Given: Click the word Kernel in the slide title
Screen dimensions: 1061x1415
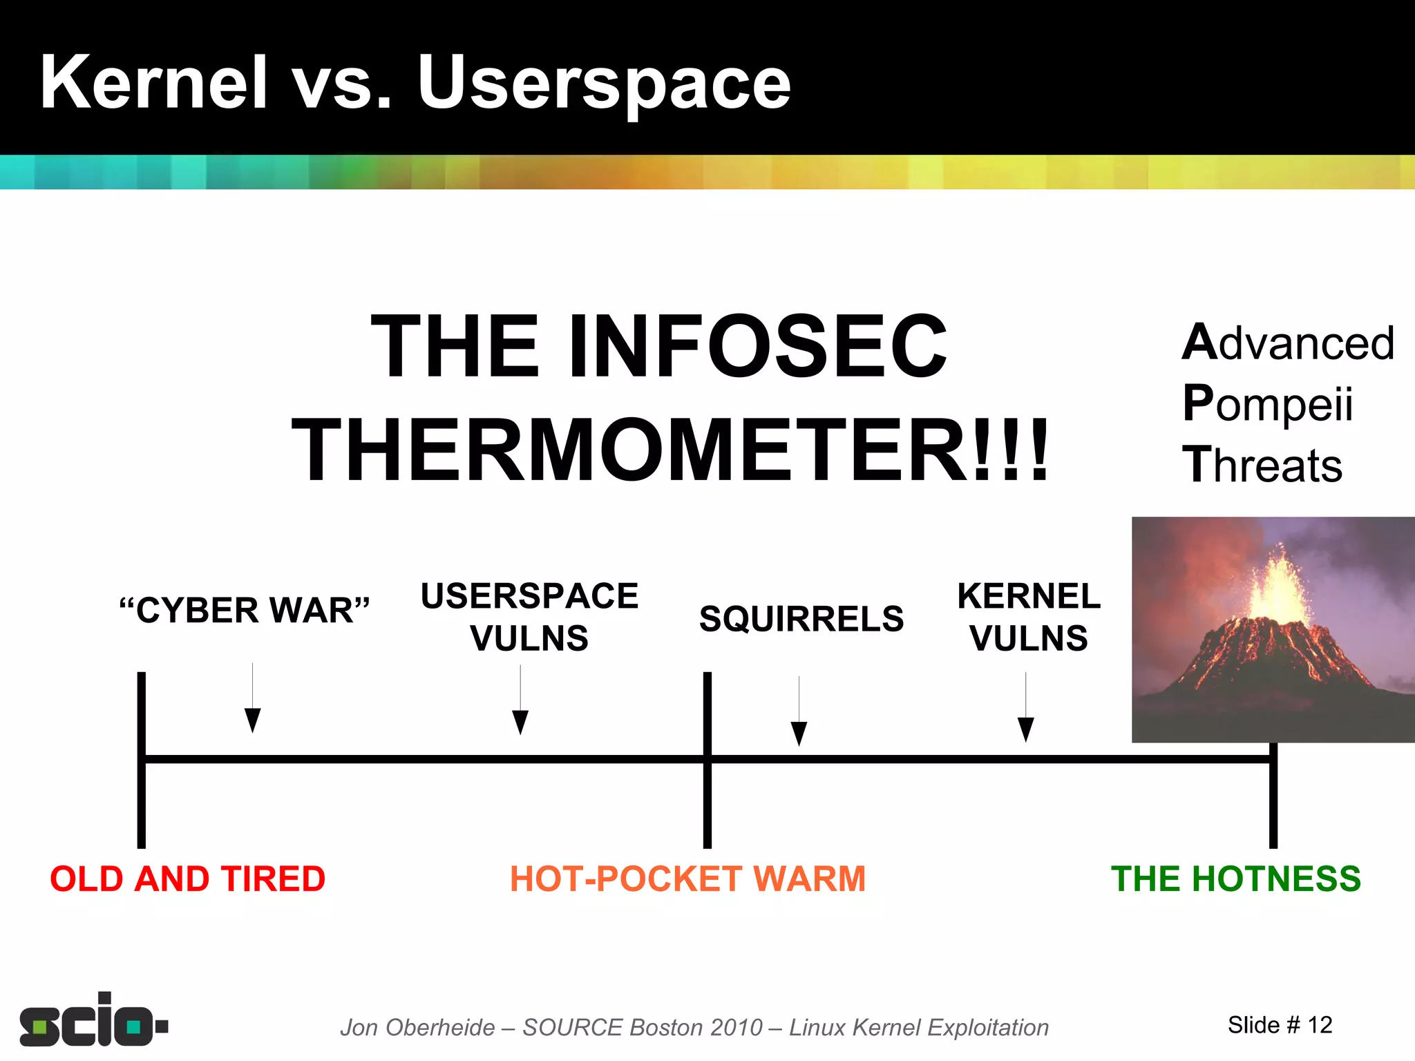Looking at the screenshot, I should click(153, 83).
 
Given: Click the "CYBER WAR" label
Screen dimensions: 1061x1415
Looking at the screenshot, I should click(245, 611).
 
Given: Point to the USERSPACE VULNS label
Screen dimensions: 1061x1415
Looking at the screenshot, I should click(529, 617).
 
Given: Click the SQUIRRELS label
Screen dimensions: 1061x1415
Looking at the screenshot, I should click(801, 619).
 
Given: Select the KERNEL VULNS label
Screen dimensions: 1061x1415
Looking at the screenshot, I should click(1028, 617).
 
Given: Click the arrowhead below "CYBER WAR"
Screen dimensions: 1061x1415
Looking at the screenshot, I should click(253, 720).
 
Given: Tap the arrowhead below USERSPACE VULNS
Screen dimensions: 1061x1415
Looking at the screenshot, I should click(520, 723).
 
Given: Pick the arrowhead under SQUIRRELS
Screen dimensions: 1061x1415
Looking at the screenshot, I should click(799, 734).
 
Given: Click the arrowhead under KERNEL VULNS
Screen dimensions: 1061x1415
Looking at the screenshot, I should click(1026, 729).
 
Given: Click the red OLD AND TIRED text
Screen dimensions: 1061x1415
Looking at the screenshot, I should click(187, 879).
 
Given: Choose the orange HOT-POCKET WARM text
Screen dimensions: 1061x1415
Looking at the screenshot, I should click(687, 879).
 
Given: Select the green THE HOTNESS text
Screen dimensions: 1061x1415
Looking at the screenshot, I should click(1235, 879).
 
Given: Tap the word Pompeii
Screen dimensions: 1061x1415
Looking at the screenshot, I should click(1267, 403).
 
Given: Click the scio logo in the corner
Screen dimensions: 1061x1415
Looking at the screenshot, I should click(93, 1021).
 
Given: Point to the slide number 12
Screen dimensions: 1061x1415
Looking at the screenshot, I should click(1320, 1025).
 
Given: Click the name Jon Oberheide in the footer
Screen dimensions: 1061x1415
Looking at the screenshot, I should click(417, 1028).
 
